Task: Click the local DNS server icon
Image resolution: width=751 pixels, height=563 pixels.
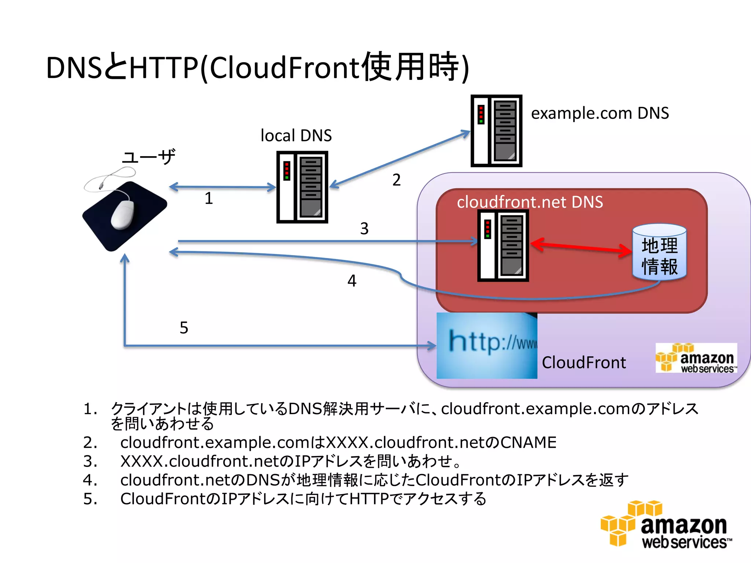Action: pyautogui.click(x=302, y=187)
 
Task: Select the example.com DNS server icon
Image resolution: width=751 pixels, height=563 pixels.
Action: pyautogui.click(x=496, y=131)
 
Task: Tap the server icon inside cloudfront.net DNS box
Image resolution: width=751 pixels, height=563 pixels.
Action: pyautogui.click(x=503, y=245)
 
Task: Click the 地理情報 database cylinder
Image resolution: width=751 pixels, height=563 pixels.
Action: pyautogui.click(x=659, y=252)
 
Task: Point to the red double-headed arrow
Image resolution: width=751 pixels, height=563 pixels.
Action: pyautogui.click(x=581, y=247)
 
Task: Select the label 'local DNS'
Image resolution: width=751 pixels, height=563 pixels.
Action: pyautogui.click(x=296, y=136)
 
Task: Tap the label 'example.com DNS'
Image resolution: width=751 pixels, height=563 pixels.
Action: pyautogui.click(x=600, y=113)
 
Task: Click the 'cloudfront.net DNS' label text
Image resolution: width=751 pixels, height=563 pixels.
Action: pyautogui.click(x=530, y=202)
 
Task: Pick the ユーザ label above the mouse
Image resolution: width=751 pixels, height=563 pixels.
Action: pyautogui.click(x=149, y=157)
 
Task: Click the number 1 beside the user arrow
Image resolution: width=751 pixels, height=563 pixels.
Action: pyautogui.click(x=209, y=198)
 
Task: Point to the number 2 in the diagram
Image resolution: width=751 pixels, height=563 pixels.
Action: pyautogui.click(x=396, y=180)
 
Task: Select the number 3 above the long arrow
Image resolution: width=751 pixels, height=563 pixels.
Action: pyautogui.click(x=364, y=229)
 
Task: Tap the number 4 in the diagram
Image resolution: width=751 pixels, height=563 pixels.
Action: pyautogui.click(x=352, y=281)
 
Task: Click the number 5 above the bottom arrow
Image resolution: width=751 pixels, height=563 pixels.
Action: pyautogui.click(x=184, y=328)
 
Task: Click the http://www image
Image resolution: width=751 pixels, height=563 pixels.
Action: pyautogui.click(x=487, y=345)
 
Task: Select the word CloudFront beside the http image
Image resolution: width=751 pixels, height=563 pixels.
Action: pyautogui.click(x=584, y=363)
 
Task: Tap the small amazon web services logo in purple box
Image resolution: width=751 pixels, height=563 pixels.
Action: pyautogui.click(x=696, y=358)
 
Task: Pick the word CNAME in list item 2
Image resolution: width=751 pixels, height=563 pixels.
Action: pyautogui.click(x=528, y=442)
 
